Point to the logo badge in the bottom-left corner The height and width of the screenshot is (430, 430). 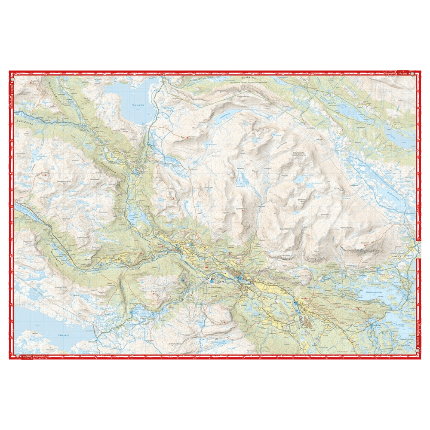coord(18,356)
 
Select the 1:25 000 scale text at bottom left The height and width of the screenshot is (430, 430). coord(27,356)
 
